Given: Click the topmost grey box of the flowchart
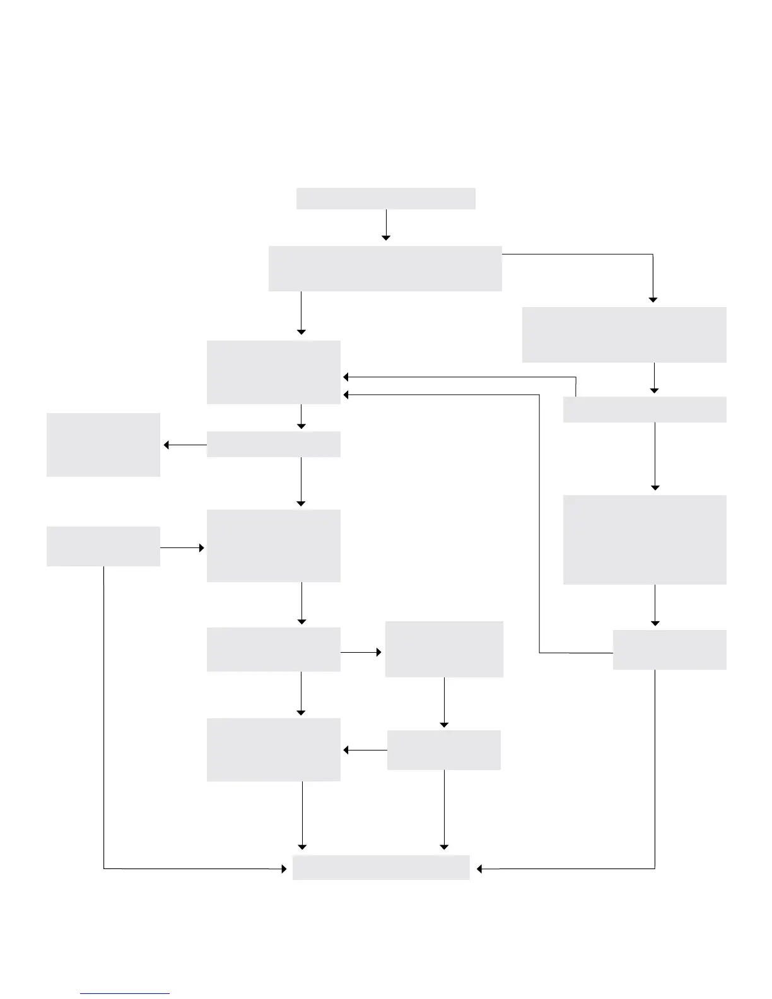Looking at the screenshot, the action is point(385,198).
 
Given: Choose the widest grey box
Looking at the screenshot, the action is point(385,269).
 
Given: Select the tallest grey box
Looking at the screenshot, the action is point(645,540).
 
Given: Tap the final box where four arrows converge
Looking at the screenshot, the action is point(381,867).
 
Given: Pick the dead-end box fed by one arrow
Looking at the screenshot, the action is point(103,445).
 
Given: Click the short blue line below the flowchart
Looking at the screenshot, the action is point(125,994).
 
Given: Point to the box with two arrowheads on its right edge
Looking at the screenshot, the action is point(274,372).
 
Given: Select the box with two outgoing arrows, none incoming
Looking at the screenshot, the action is point(103,546).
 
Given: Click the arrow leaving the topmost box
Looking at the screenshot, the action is point(386,225).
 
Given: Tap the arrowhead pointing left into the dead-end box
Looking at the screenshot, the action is point(167,445).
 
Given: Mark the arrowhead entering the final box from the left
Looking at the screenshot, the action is point(283,868).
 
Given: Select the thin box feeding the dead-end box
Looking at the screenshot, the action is point(274,444).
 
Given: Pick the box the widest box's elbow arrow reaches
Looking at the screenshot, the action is point(624,335).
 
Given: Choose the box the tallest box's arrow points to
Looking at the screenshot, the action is point(669,650).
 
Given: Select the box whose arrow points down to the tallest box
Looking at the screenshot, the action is point(645,409).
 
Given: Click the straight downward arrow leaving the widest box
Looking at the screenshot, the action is point(301,313).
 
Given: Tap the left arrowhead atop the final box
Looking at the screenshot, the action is point(302,846).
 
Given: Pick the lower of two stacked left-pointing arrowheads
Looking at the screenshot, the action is point(346,395).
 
